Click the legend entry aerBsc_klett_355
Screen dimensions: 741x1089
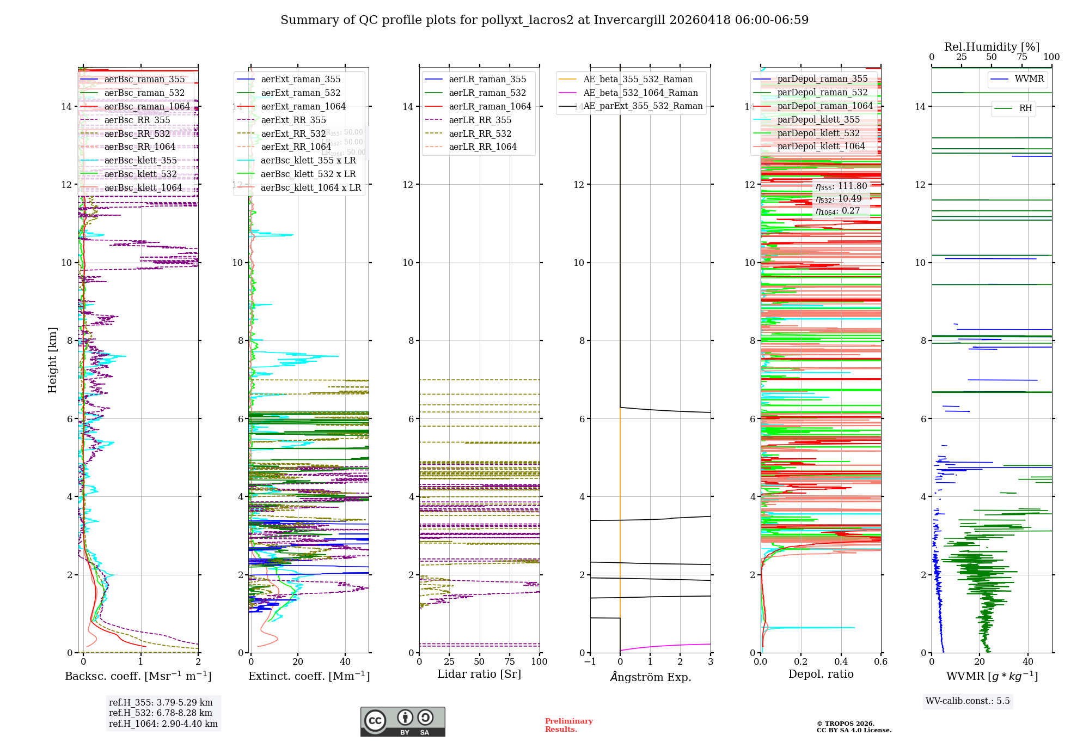tap(140, 161)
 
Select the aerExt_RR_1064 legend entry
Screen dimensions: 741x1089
tap(296, 147)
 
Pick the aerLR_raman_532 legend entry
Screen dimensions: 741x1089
tap(487, 93)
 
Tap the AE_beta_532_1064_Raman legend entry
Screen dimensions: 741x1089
tap(640, 93)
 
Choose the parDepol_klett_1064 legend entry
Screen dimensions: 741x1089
tap(821, 147)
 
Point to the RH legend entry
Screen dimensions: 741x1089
tap(1025, 108)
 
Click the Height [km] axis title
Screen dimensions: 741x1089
tap(52, 360)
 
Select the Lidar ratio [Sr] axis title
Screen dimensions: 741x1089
tap(479, 675)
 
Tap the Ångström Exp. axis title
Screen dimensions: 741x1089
tap(650, 677)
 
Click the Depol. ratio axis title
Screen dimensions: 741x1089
tap(821, 675)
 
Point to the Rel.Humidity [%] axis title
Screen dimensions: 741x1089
tap(992, 47)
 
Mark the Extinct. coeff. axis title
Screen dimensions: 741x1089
tap(309, 676)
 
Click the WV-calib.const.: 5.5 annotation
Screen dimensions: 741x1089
tap(968, 701)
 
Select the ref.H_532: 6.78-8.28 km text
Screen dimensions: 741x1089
tap(161, 713)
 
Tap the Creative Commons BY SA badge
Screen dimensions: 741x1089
tap(402, 722)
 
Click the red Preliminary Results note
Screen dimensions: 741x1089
tap(568, 725)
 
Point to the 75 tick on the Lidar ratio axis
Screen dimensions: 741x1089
tap(510, 662)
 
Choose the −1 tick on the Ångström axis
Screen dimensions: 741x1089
tap(590, 662)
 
